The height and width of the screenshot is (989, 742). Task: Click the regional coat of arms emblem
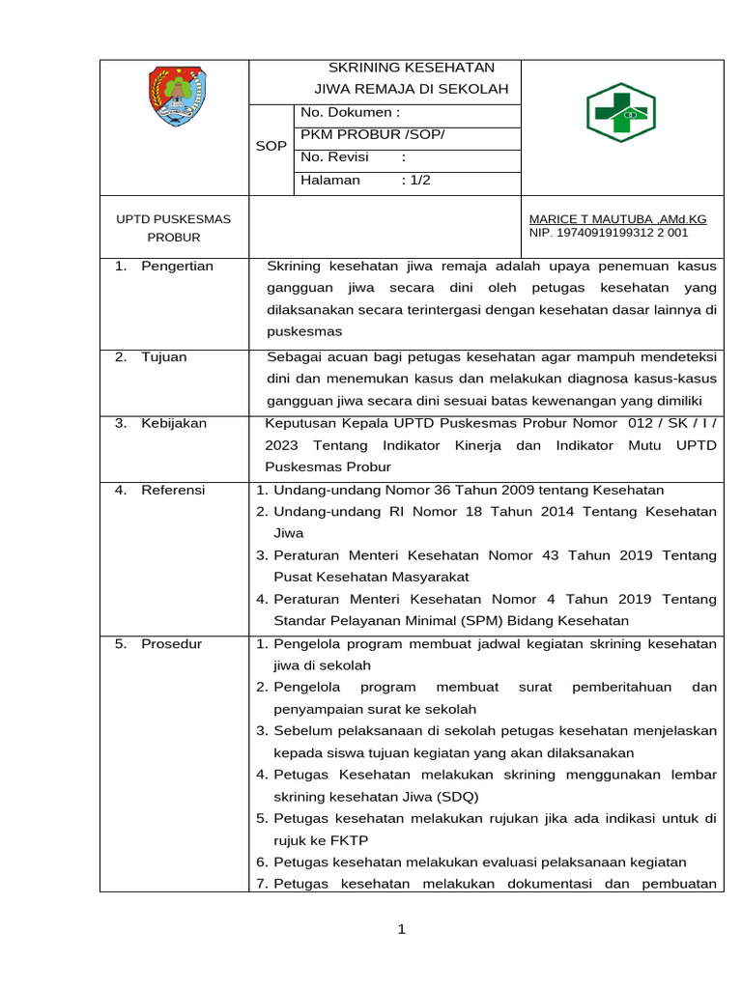[176, 97]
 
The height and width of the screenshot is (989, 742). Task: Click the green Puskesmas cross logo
[621, 113]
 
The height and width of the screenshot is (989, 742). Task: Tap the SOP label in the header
[271, 146]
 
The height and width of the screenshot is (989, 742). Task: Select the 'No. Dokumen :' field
[350, 113]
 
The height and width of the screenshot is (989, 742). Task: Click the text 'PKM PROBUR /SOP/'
[373, 135]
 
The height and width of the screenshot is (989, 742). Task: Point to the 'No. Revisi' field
[334, 157]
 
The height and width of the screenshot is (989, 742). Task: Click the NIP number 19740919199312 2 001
[609, 233]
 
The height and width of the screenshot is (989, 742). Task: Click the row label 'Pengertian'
[177, 266]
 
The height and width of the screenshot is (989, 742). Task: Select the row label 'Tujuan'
[164, 356]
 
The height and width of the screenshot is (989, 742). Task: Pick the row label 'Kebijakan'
[173, 423]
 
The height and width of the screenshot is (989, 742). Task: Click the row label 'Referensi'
[173, 490]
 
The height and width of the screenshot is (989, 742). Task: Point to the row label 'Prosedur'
[171, 643]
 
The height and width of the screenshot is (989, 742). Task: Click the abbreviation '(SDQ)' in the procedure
[456, 797]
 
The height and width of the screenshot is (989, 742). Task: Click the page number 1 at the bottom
[402, 930]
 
